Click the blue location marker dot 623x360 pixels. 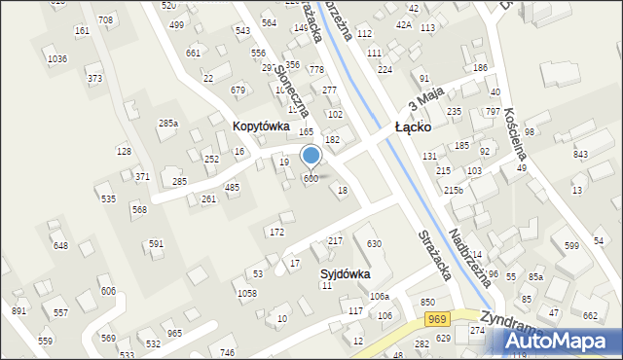(x=311, y=154)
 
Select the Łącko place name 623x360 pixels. (x=420, y=127)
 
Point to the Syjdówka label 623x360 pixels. (x=346, y=274)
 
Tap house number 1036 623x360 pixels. (x=57, y=59)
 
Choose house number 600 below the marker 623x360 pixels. (x=311, y=178)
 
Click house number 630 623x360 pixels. (x=374, y=242)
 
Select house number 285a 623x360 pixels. (x=168, y=124)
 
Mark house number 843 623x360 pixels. (x=581, y=155)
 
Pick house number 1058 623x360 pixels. (x=246, y=292)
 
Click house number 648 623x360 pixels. (x=61, y=245)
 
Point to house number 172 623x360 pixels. (x=276, y=232)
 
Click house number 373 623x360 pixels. (x=94, y=78)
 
